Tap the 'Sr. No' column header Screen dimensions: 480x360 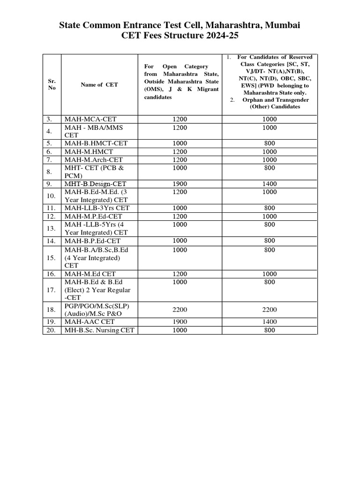(x=52, y=85)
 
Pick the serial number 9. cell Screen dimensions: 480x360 (x=52, y=184)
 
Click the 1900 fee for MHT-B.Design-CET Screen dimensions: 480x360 (x=180, y=184)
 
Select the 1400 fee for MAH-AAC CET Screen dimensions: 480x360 (x=270, y=322)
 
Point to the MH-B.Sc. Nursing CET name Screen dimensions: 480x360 (x=99, y=330)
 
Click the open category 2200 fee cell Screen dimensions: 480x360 (x=180, y=310)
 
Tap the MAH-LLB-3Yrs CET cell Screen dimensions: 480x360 (x=97, y=208)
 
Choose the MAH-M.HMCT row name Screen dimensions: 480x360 (x=89, y=152)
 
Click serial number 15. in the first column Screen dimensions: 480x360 (x=52, y=258)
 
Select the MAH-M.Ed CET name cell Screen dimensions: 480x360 (x=90, y=274)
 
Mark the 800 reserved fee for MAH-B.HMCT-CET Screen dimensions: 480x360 (x=270, y=143)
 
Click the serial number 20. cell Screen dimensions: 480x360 (x=52, y=330)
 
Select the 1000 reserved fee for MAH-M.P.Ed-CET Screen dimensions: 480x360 (x=270, y=216)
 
